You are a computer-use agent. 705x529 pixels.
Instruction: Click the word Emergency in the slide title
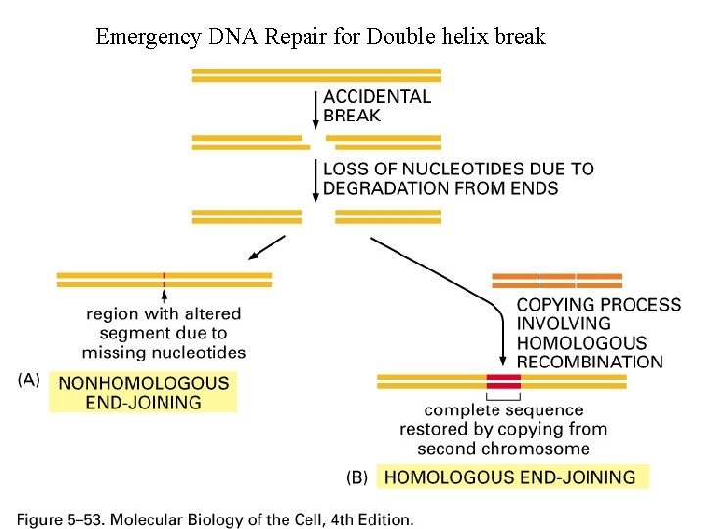point(146,38)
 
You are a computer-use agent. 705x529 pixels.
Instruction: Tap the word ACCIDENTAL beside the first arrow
point(377,96)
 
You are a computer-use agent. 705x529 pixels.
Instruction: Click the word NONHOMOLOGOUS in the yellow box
point(144,384)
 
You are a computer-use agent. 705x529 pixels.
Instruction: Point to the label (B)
point(357,478)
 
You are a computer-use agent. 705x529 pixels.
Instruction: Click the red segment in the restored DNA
point(504,380)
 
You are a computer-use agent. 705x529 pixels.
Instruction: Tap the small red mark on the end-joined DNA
point(164,280)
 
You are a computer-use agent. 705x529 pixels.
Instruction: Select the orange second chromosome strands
point(556,280)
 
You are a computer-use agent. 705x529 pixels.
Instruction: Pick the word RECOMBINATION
point(589,361)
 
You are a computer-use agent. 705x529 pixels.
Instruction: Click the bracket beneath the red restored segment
point(504,396)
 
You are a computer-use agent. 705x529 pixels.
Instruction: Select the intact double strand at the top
point(316,75)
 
